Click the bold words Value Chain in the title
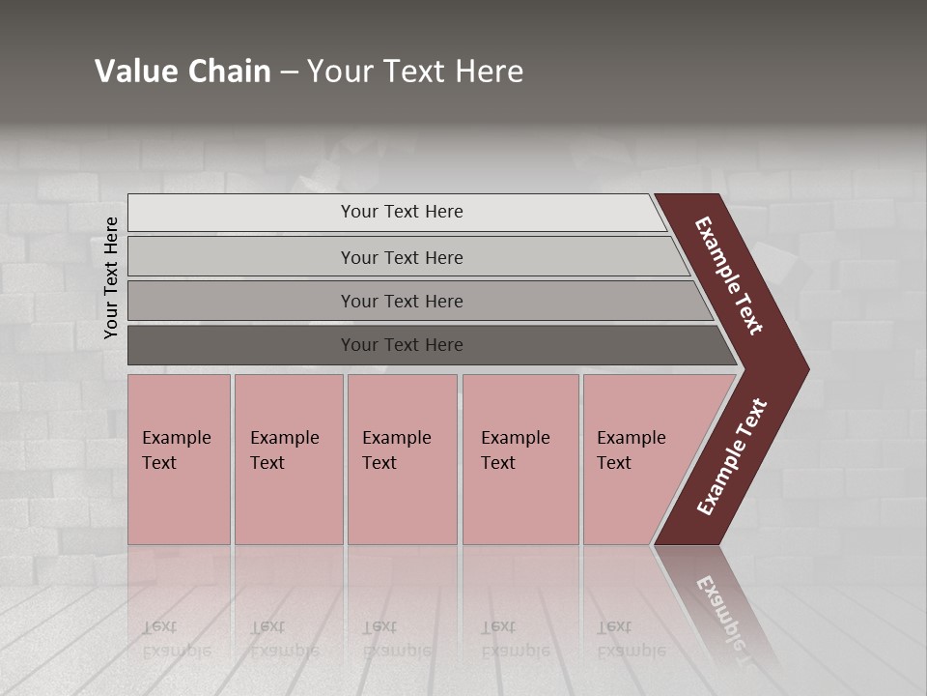183,72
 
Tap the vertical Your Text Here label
111,277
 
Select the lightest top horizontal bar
241,213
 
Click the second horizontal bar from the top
241,257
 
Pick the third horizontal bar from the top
241,301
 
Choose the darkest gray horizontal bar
241,345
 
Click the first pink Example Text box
179,459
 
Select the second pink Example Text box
289,459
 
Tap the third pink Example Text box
402,459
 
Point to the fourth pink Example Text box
520,459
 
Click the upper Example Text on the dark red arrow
729,275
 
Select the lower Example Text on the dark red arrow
732,457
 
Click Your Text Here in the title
415,72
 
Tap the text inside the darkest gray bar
402,345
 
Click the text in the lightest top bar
402,212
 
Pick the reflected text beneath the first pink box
176,639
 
